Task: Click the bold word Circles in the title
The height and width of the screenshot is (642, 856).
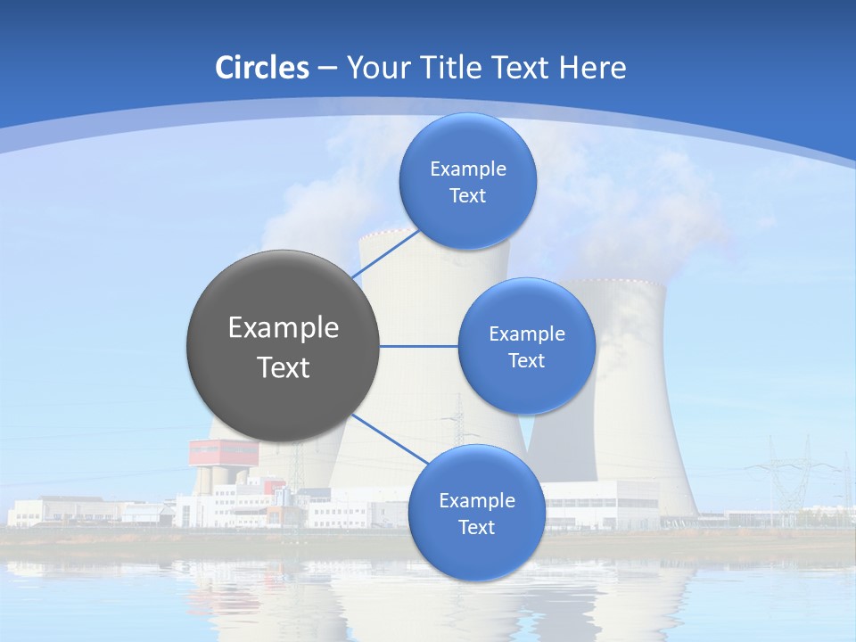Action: [262, 68]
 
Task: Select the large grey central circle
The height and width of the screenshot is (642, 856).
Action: [283, 346]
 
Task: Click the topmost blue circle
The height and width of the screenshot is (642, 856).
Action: [467, 181]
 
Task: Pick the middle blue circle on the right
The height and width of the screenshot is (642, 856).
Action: [526, 346]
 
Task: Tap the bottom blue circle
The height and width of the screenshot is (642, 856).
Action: [476, 513]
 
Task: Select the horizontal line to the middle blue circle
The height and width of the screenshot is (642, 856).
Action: [418, 346]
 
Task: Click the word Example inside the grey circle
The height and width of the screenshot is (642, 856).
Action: [284, 327]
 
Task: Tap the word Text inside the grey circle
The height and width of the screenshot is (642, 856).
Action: [284, 367]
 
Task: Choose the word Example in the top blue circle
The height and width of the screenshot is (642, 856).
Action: [467, 169]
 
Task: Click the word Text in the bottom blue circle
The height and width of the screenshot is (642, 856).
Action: [476, 527]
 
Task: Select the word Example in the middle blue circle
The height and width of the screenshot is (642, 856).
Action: [526, 333]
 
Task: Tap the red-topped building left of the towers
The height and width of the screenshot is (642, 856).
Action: [223, 455]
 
